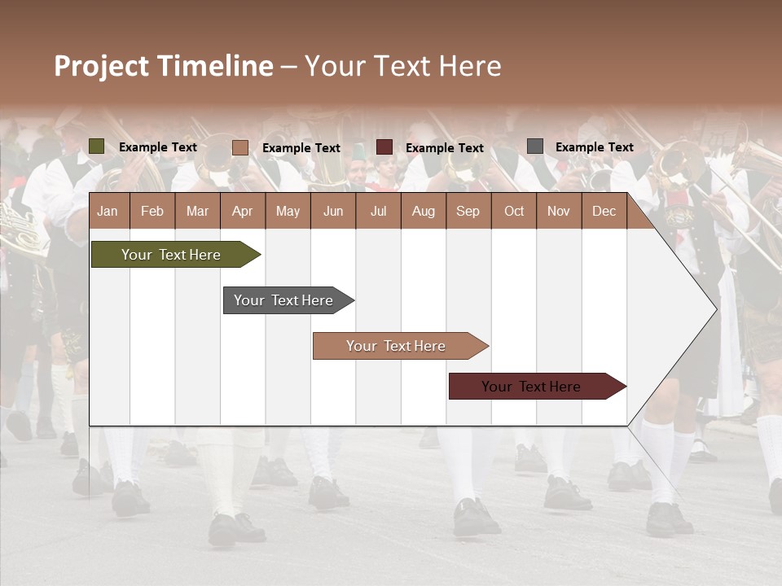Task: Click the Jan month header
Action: (108, 212)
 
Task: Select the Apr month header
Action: (242, 212)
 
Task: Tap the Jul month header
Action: (378, 212)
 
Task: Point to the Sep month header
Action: (468, 212)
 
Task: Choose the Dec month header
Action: (604, 212)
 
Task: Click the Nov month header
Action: (558, 212)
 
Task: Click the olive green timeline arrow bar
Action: (171, 255)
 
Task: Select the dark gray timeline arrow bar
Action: (283, 300)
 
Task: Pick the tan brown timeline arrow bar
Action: (396, 346)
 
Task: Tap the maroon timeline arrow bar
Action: (531, 387)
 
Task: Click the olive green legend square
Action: (97, 146)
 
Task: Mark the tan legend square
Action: (239, 147)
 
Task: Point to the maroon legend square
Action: (384, 147)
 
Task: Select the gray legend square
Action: (535, 146)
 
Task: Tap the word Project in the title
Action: (103, 66)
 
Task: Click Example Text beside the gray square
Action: (594, 147)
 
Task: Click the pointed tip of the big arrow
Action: (715, 308)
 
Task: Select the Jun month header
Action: (333, 212)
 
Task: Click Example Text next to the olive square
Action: (157, 147)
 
